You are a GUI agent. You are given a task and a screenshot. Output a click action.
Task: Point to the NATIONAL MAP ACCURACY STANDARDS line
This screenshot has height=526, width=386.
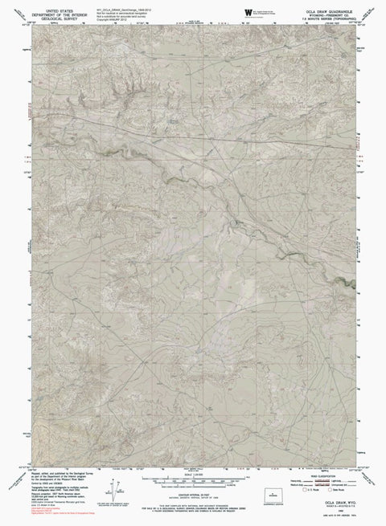click(x=193, y=497)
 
